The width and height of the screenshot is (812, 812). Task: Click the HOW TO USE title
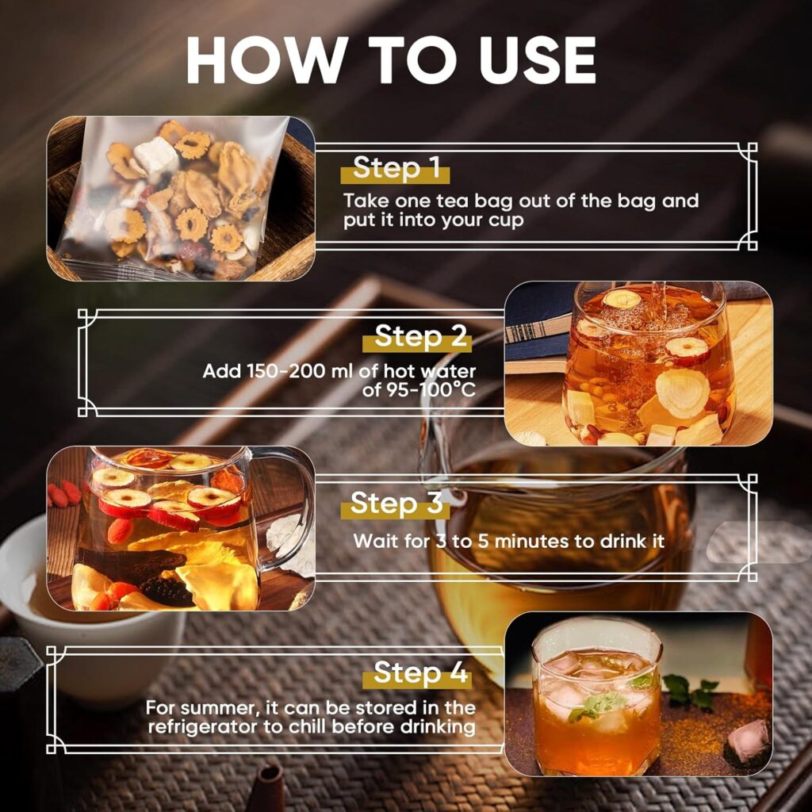[x=390, y=59]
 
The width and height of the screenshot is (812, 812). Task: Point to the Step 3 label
[x=395, y=504]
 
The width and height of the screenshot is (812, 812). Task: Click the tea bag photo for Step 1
[x=181, y=197]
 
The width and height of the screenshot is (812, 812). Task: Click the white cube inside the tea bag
[x=156, y=155]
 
